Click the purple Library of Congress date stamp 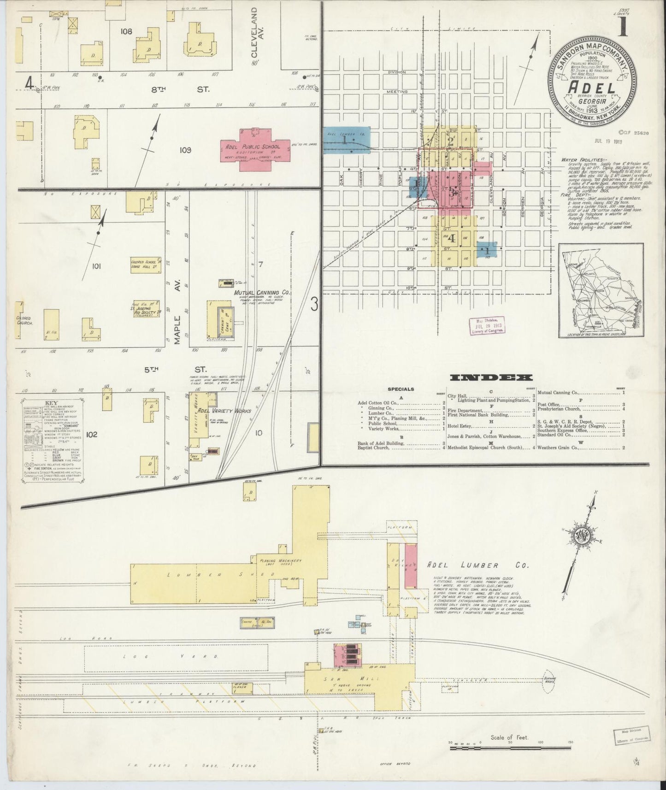(487, 325)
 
